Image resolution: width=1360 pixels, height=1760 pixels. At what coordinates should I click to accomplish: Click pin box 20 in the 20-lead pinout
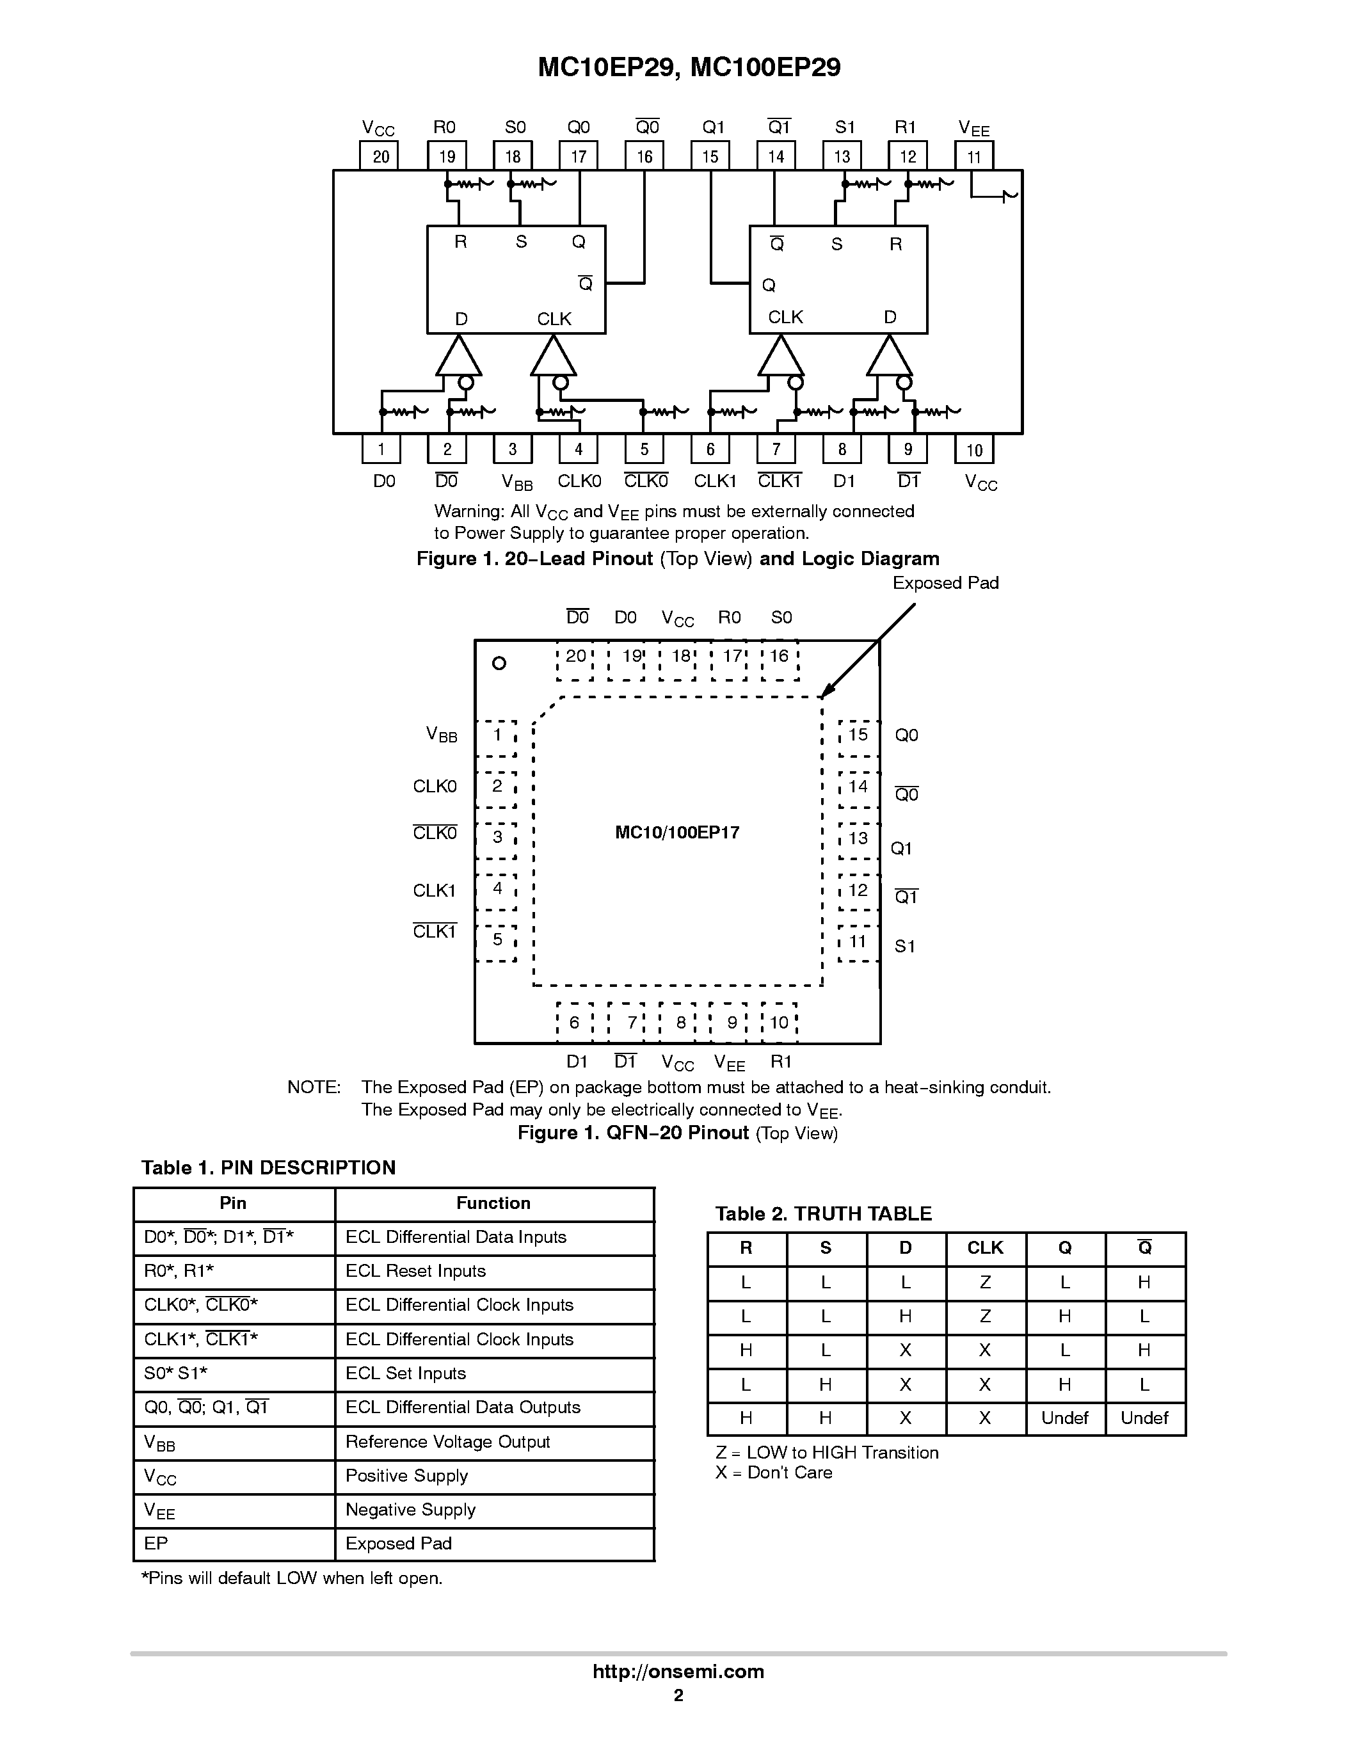pos(380,156)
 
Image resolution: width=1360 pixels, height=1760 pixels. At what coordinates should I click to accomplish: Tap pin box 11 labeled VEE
pos(973,156)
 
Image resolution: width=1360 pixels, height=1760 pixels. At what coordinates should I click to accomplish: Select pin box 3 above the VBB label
pos(513,449)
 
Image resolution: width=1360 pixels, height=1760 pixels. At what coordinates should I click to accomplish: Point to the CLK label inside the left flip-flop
pos(554,319)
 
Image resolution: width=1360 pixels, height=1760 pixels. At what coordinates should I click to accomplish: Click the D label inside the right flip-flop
pos(890,317)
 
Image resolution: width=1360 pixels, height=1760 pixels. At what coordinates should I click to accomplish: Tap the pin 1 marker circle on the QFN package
pos(499,663)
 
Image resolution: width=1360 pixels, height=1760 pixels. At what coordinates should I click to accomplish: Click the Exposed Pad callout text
pos(945,582)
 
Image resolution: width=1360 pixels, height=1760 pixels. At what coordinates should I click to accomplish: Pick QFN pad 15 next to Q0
pos(858,735)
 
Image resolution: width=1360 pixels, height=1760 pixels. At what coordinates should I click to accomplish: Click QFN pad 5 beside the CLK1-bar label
pos(497,940)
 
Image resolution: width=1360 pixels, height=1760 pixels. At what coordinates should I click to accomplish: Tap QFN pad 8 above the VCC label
pos(681,1023)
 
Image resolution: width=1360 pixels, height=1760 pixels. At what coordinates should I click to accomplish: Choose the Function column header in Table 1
pos(493,1203)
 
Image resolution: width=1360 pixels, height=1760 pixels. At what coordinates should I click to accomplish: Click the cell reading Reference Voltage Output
pos(447,1442)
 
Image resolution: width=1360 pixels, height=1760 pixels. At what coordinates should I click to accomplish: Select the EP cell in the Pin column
pos(156,1543)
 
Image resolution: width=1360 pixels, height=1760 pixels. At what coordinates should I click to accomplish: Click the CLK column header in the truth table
pos(984,1248)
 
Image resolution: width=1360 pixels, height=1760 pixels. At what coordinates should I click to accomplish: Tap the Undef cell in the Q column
pos(1064,1418)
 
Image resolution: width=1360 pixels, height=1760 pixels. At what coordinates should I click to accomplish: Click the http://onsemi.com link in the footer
pos(678,1671)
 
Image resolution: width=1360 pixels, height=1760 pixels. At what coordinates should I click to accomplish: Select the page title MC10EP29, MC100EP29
pos(689,68)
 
